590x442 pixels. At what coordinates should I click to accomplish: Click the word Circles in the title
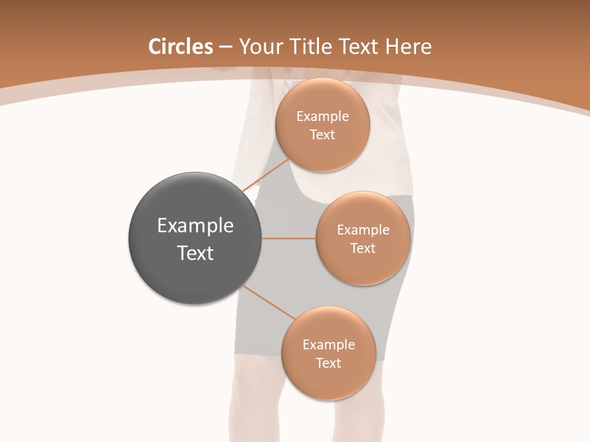click(x=180, y=47)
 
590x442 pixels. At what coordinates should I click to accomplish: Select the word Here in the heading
click(x=409, y=47)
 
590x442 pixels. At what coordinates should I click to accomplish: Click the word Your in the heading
click(x=259, y=47)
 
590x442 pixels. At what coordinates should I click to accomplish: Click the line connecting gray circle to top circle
click(x=265, y=176)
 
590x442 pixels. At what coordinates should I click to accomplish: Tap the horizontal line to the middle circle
click(x=288, y=238)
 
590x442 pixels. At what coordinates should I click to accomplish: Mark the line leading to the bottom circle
click(x=268, y=303)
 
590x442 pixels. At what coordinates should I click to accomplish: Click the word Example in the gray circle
click(x=195, y=226)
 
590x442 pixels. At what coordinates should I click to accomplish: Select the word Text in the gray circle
click(x=195, y=253)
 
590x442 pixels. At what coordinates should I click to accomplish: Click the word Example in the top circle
click(x=323, y=117)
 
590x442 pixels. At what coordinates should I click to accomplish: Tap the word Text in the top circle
click(x=323, y=135)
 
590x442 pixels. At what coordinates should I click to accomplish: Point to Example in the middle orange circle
click(x=363, y=230)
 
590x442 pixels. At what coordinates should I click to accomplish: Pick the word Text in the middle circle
click(x=363, y=249)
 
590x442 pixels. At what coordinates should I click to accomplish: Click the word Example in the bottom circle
click(x=329, y=345)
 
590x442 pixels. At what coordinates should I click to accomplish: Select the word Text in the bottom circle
click(x=329, y=363)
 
